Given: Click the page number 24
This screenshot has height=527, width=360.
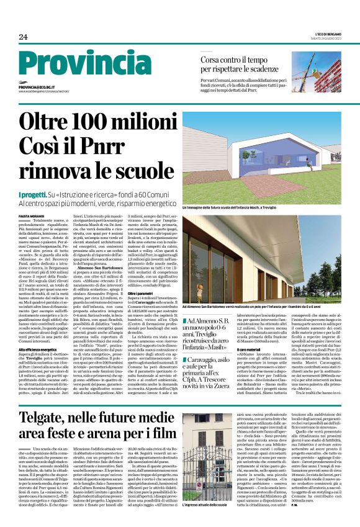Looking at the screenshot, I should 24,37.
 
